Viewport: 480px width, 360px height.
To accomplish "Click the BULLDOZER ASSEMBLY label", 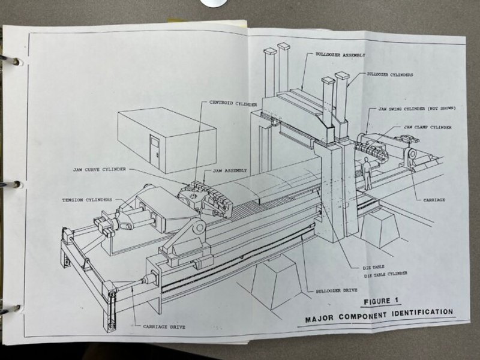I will pos(340,55).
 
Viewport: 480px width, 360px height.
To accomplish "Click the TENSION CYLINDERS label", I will pos(87,200).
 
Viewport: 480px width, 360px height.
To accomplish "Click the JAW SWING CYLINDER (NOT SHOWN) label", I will pos(417,109).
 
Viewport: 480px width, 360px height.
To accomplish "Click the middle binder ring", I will pos(13,184).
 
